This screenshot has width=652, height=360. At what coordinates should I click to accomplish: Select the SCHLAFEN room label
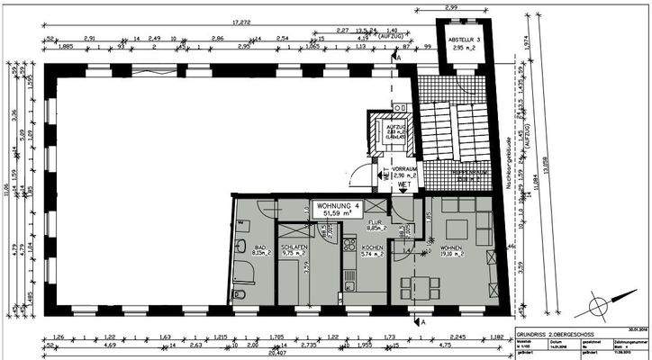(294, 251)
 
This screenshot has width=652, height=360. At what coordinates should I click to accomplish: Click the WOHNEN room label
(450, 251)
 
